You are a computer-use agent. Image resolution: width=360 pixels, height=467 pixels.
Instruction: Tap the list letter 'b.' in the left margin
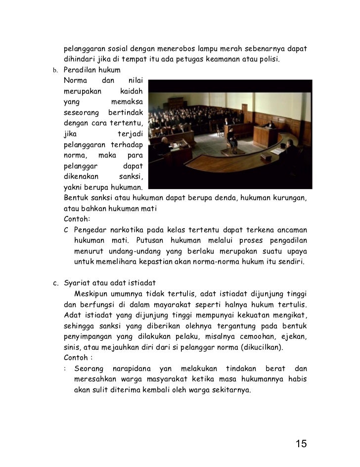click(56, 70)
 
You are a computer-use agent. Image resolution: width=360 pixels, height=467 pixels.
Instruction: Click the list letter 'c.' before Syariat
click(56, 283)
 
